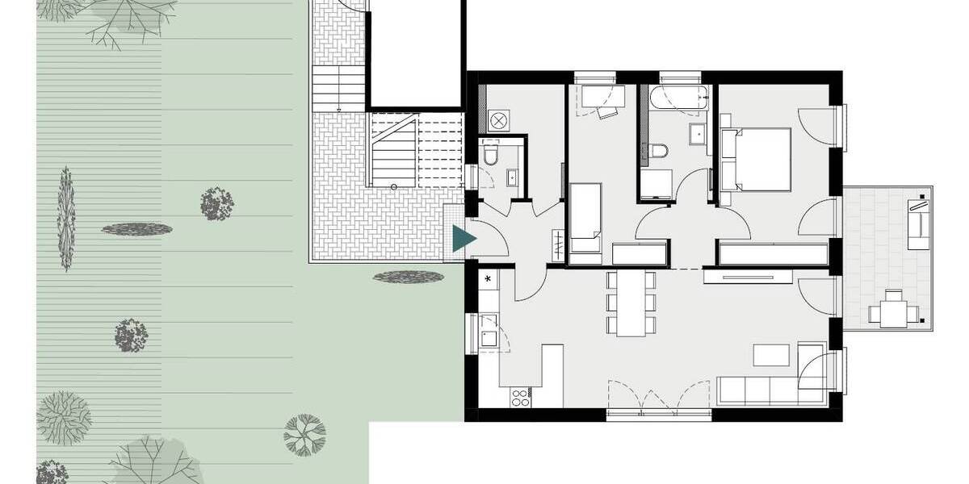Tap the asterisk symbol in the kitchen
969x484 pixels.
tap(488, 279)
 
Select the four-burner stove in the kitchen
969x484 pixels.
tap(520, 396)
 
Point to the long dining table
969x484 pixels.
tap(633, 302)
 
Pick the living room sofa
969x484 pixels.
tap(770, 390)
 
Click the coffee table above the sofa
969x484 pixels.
tap(772, 355)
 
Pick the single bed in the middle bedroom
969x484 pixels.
tap(585, 219)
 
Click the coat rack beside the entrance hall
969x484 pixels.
tap(558, 244)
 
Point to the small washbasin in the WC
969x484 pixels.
tap(513, 174)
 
